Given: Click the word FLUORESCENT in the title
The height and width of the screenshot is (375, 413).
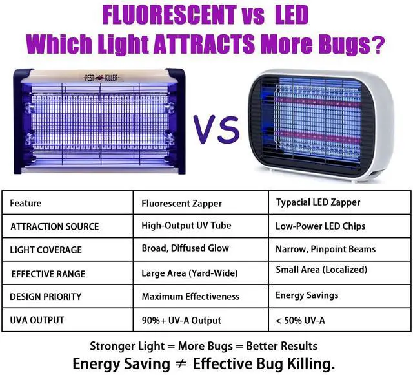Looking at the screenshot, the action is pyautogui.click(x=169, y=15).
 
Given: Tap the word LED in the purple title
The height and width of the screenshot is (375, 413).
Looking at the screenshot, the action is pyautogui.click(x=292, y=15).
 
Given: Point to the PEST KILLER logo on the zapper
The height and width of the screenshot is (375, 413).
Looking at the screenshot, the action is pyautogui.click(x=101, y=78).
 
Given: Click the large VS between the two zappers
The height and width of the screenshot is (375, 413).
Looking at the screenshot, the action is pyautogui.click(x=217, y=130).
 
